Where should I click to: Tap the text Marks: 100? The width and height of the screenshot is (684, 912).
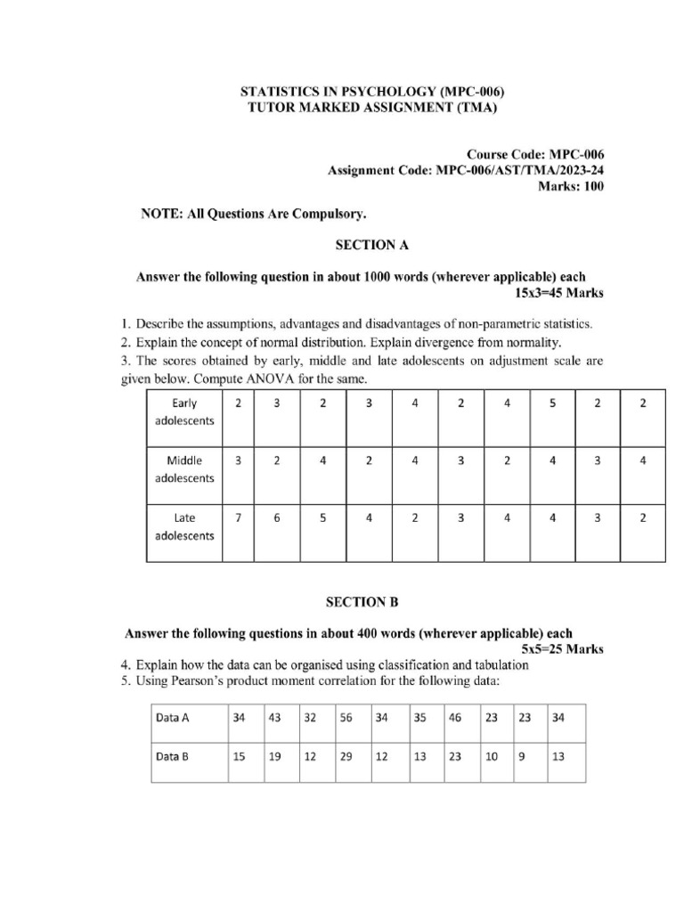pos(571,185)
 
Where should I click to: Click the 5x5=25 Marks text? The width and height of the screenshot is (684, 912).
pos(562,649)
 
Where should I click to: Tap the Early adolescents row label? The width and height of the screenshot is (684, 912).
pos(184,412)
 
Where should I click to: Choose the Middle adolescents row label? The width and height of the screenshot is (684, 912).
pos(184,469)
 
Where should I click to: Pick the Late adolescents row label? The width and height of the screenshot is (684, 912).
pos(184,526)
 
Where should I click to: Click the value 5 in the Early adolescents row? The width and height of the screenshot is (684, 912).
pos(552,403)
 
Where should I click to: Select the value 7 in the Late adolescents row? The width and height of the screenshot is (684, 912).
pos(238,517)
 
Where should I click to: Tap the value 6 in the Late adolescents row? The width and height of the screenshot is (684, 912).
pos(277,517)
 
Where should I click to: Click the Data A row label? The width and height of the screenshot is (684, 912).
pos(173,717)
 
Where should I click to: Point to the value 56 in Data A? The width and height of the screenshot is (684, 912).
pos(346,717)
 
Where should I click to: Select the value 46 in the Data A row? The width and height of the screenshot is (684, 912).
pos(455,717)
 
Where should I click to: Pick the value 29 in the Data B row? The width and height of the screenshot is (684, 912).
pos(346,757)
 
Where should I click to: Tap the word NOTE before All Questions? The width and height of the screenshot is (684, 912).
pos(159,215)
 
